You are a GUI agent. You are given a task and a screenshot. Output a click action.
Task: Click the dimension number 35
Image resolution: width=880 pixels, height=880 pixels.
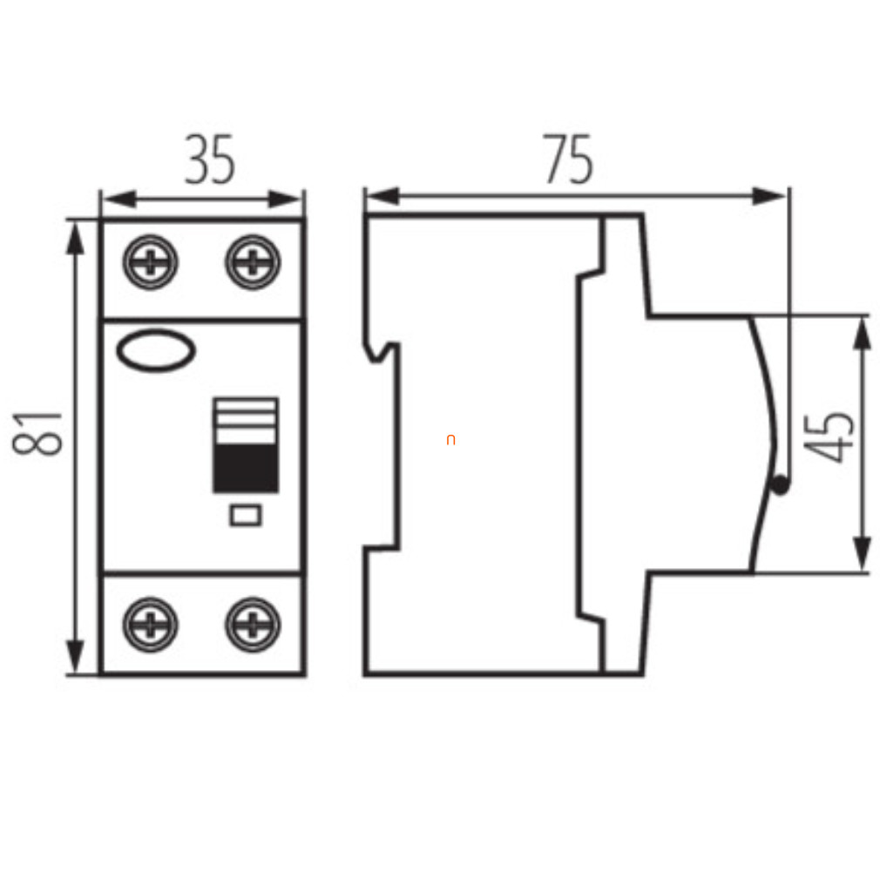coord(210,159)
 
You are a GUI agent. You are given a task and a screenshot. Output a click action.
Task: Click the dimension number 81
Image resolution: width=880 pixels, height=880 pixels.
coord(37,433)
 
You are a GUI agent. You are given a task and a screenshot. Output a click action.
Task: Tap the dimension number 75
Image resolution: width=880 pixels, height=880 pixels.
coord(567,159)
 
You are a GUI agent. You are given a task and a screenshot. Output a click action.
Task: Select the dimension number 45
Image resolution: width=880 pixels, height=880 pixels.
coord(829,437)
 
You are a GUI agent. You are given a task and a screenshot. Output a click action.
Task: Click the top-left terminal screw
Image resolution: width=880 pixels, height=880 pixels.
coord(151,262)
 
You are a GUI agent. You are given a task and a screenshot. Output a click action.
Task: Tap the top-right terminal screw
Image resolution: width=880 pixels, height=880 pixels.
coord(253,262)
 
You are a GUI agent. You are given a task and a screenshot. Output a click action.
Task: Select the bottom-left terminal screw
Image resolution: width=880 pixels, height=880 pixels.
coord(151,625)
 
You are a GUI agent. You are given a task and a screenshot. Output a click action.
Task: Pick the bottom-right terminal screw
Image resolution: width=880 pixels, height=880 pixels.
coord(253,625)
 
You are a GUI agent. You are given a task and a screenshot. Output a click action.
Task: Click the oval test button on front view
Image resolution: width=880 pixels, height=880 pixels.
coord(156,351)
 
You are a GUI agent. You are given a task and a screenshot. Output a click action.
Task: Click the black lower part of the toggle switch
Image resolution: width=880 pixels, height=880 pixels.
coord(246,468)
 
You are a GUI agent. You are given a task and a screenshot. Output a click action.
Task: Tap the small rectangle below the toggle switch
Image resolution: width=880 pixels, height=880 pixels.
coord(246,515)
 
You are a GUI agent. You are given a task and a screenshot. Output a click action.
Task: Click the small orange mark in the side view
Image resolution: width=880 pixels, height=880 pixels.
coord(450,440)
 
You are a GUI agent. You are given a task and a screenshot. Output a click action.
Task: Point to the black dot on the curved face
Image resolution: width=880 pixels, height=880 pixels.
coord(780,485)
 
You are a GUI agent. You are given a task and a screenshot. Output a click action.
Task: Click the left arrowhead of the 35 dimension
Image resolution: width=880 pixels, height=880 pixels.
coord(120,200)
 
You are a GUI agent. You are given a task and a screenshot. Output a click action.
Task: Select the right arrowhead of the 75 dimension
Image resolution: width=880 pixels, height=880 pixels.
coord(768,196)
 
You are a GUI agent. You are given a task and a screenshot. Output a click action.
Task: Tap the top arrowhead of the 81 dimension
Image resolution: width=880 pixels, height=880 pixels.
coord(75,239)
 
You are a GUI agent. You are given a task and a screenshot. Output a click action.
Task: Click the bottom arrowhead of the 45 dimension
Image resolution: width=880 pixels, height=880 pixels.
coord(862,552)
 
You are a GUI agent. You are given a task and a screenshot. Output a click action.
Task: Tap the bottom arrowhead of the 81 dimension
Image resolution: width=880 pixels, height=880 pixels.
coord(75,657)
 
